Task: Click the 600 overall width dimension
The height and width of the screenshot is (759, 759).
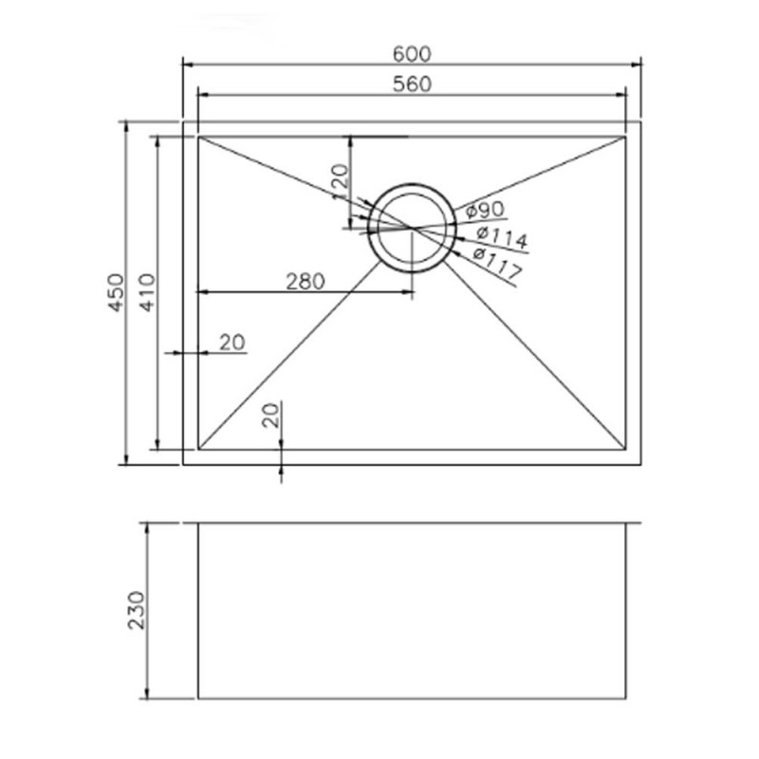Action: pos(412,54)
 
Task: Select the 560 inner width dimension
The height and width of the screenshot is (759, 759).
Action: pos(412,84)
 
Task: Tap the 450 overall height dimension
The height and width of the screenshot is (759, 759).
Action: pos(116,292)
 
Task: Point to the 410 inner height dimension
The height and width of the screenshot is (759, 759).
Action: pos(147,292)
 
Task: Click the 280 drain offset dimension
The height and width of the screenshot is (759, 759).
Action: pos(305,281)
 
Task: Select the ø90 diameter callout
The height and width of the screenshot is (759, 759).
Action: pos(485,210)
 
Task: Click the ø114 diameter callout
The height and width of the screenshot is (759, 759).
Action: pos(502,237)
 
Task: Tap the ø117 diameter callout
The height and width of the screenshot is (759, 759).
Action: pos(497,262)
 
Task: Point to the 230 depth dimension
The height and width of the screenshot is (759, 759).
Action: pos(136,610)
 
